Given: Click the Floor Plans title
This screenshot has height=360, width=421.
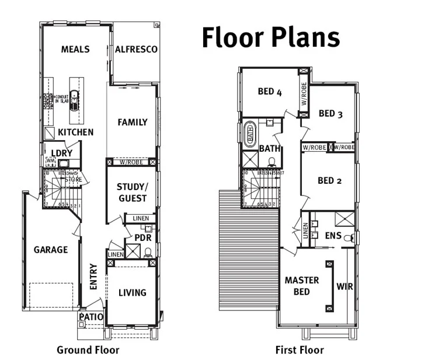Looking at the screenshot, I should (270, 37).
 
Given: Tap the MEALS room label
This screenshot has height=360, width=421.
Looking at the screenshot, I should (75, 50).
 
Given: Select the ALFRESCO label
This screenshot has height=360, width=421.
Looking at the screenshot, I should (136, 50).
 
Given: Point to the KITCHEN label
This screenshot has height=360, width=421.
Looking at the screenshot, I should (75, 132).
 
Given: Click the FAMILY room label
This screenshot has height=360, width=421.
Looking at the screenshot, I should (133, 123).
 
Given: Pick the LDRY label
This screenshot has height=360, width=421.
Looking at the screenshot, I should (61, 153).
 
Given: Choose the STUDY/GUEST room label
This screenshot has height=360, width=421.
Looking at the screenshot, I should (132, 193).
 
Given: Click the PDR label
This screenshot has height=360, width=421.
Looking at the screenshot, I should (143, 238).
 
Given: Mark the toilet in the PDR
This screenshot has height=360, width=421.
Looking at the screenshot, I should (148, 252).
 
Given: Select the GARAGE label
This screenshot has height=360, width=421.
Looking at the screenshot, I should (50, 250).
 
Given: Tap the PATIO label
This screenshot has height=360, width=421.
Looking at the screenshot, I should (92, 317).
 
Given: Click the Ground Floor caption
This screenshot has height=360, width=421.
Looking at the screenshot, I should (88, 350).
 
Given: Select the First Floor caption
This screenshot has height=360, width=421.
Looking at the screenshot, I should (299, 350).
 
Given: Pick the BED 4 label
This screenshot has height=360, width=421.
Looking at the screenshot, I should (270, 92).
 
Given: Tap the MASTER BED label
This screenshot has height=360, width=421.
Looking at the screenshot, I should (302, 285).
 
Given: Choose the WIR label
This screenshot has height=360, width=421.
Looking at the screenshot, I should (345, 286).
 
